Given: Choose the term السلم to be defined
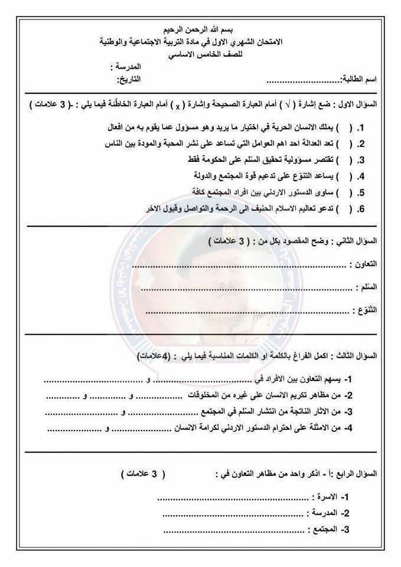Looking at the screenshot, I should (x=367, y=286).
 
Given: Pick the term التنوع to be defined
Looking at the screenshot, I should (x=365, y=309).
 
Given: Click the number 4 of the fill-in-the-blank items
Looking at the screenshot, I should (x=348, y=429).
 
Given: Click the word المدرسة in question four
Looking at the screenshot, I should (x=324, y=513).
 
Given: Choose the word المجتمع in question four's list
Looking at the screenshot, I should (x=324, y=529).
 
